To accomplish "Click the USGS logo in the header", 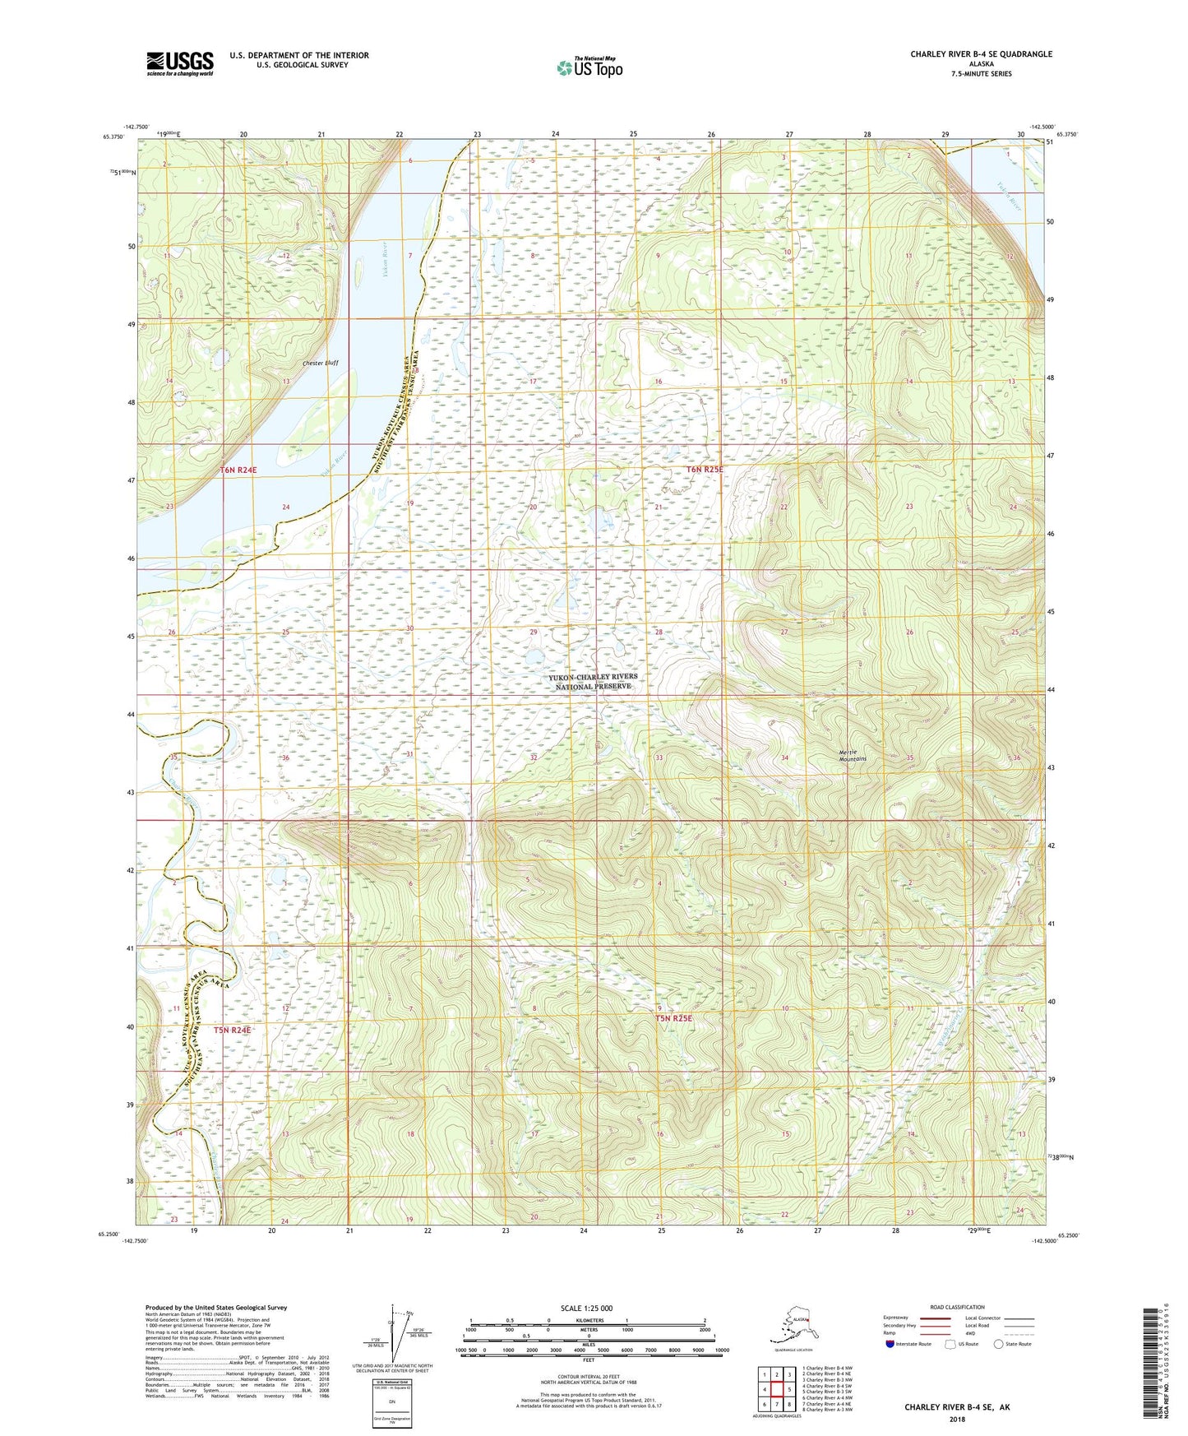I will [179, 63].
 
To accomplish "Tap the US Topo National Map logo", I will [589, 67].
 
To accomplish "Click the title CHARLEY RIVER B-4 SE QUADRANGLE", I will [980, 54].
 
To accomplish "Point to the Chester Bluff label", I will [320, 362].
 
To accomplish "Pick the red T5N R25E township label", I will [673, 1017].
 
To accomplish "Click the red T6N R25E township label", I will [705, 470].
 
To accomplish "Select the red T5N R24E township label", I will [232, 1030].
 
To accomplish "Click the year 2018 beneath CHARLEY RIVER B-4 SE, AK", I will [957, 1419].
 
